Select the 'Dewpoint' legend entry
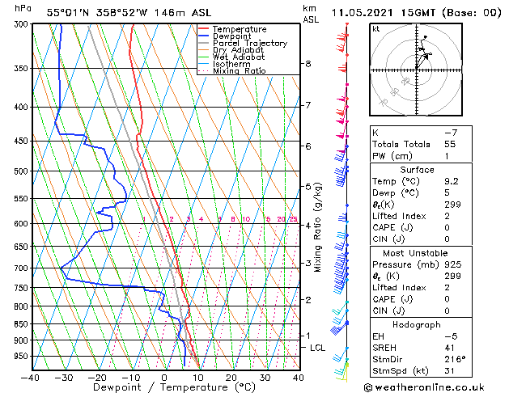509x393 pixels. coord(235,36)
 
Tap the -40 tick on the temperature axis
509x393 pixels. coord(31,378)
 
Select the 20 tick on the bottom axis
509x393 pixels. coord(231,378)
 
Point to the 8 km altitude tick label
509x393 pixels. coord(308,64)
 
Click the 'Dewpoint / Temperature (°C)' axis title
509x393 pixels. coord(164,388)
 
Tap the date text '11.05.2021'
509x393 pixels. coord(362,12)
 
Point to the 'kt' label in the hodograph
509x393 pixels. coord(376,29)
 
